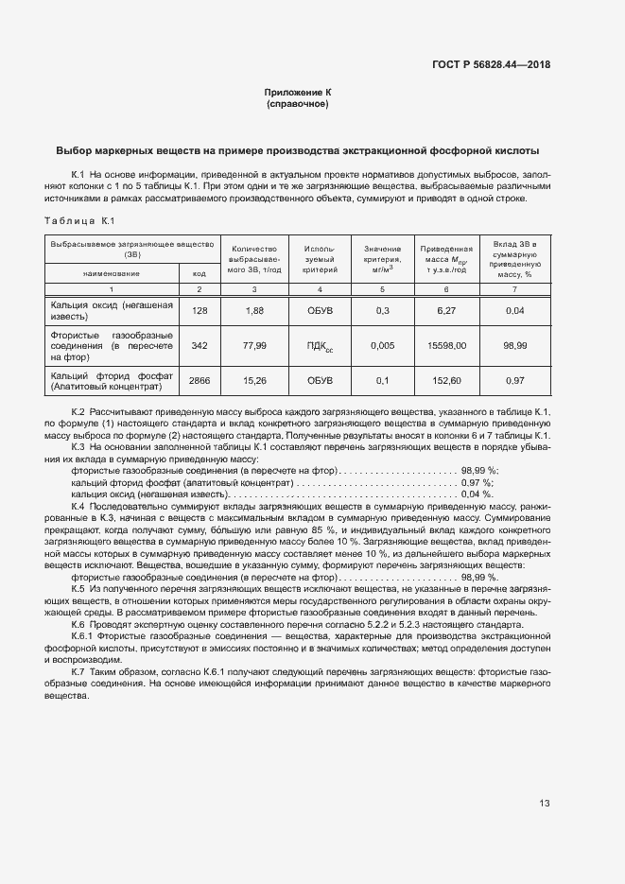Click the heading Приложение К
click(x=298, y=93)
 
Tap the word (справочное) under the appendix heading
click(x=298, y=104)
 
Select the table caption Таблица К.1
click(x=79, y=221)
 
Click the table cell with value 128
click(x=199, y=310)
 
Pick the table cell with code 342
click(x=199, y=346)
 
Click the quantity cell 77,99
click(x=254, y=346)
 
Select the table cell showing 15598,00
click(x=446, y=346)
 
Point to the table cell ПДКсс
click(x=320, y=347)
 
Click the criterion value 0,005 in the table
click(x=383, y=346)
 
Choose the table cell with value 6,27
click(x=446, y=310)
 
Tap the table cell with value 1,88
click(x=254, y=310)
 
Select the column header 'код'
click(x=199, y=273)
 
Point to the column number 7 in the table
click(x=515, y=288)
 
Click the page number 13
click(x=545, y=804)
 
